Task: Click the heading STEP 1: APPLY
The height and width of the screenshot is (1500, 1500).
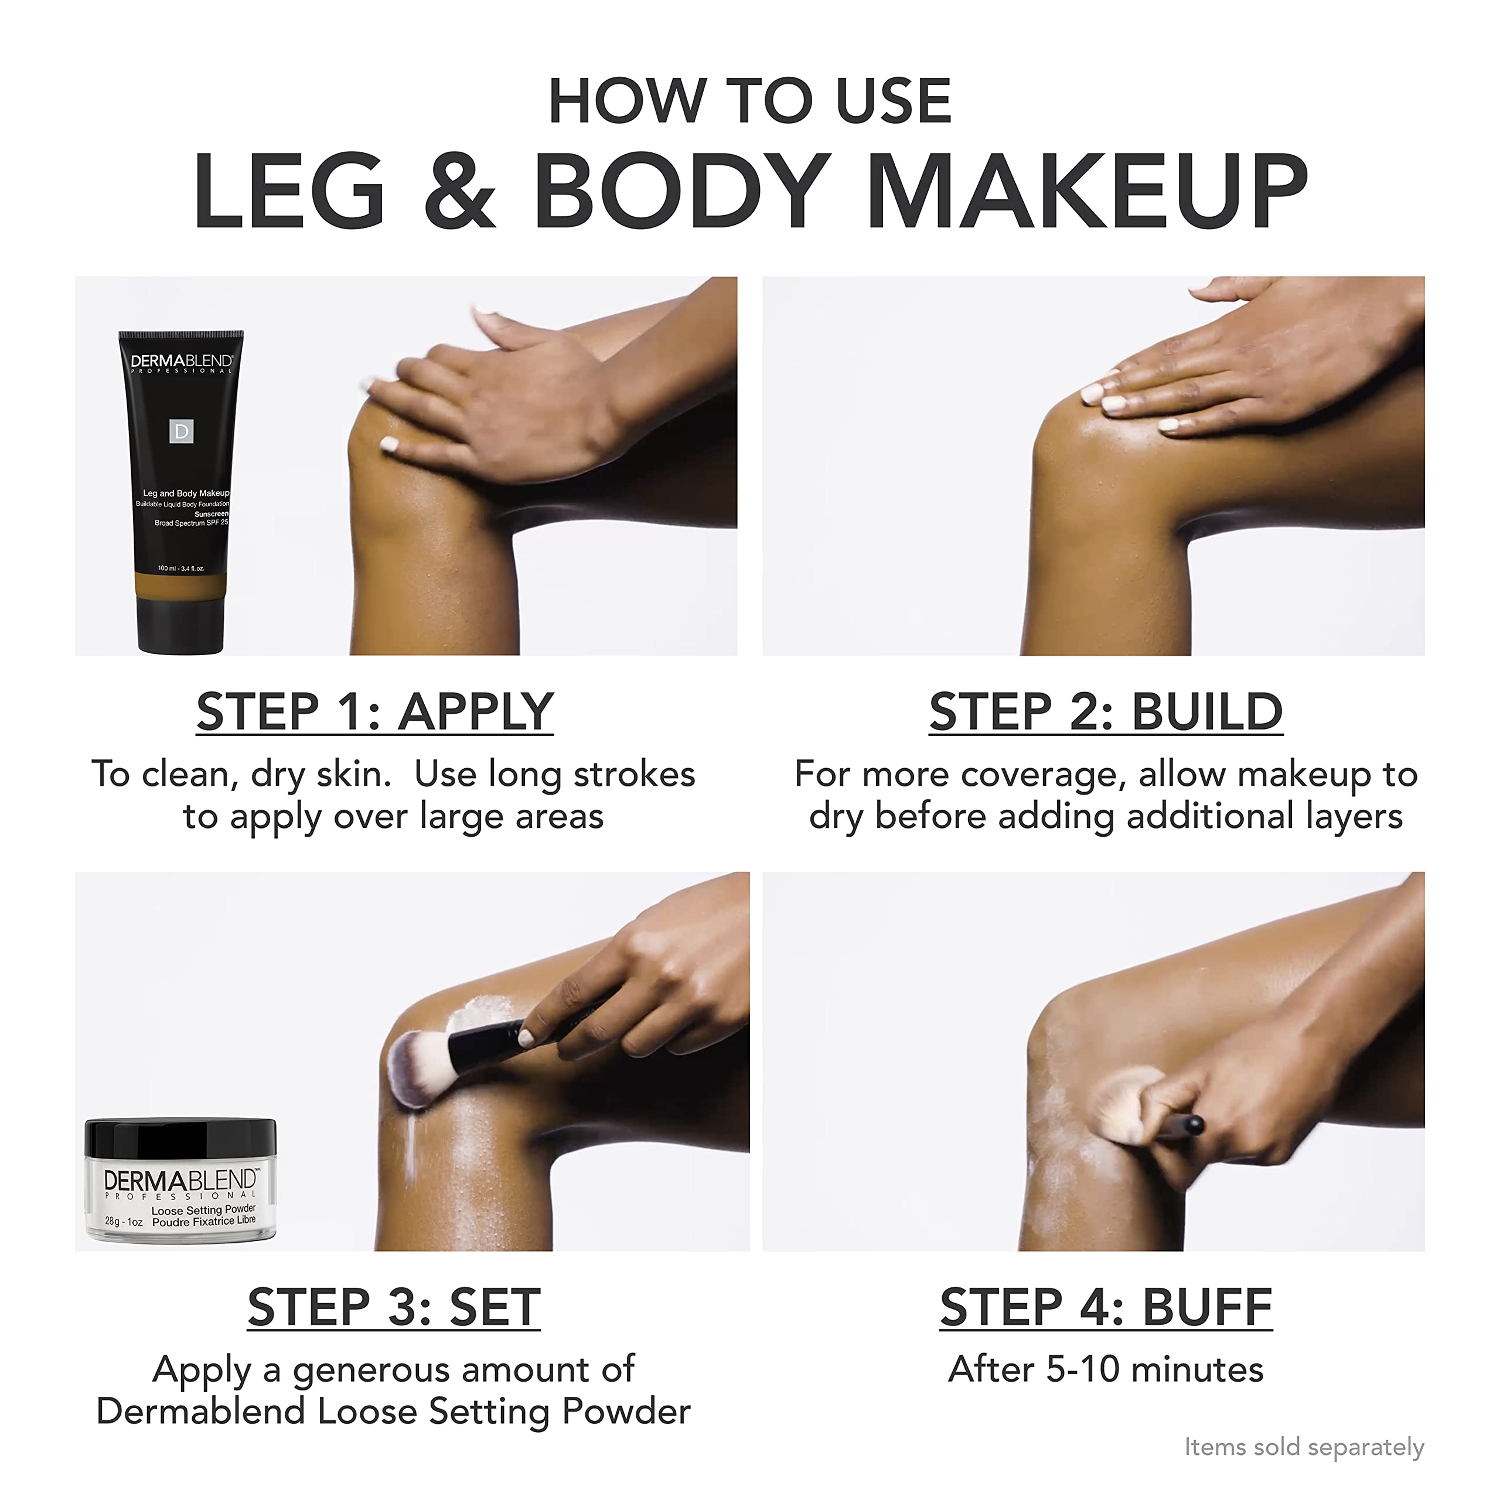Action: click(x=375, y=711)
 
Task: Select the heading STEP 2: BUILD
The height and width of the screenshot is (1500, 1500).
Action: click(x=1106, y=711)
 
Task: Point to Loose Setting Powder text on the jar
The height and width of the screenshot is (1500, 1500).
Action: click(x=203, y=1211)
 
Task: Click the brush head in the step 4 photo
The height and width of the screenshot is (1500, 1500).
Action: click(x=1123, y=1106)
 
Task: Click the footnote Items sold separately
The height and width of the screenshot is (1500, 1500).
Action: click(x=1304, y=1447)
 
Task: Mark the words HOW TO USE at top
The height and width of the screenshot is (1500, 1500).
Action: click(x=749, y=101)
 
